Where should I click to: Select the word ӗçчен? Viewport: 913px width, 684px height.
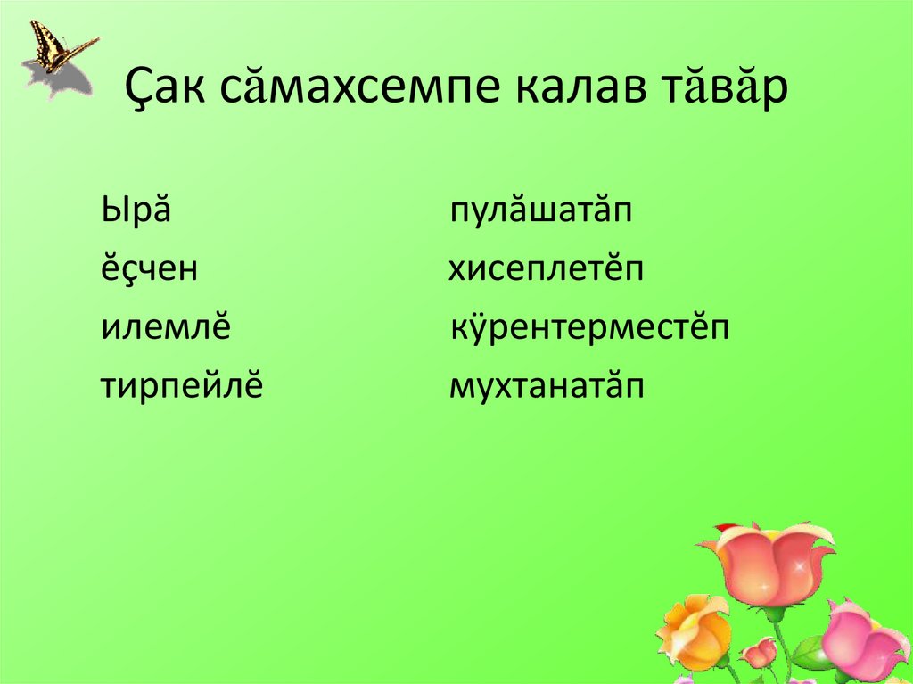coord(148,269)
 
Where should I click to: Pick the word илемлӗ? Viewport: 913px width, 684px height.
coord(166,327)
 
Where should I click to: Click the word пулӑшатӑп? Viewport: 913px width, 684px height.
coord(540,214)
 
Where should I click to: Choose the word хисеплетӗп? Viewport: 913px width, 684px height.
coord(545,269)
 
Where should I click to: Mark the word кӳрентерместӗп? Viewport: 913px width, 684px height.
coord(590,327)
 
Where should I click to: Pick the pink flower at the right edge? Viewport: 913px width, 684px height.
coord(861,641)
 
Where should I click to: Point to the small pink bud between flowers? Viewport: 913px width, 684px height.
coord(760,653)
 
